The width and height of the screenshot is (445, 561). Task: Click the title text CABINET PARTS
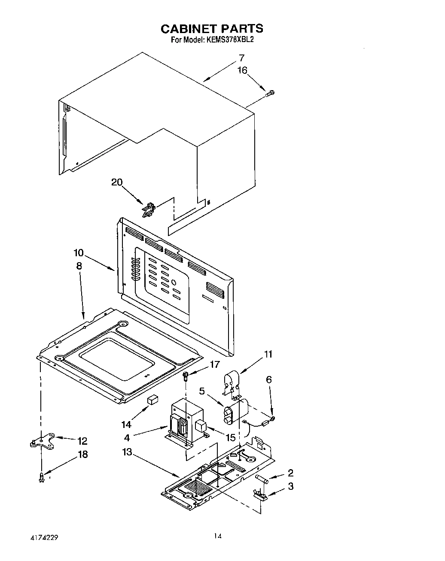tap(211, 29)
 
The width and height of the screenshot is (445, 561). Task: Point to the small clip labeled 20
tap(147, 209)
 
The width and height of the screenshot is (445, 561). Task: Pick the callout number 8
tap(79, 266)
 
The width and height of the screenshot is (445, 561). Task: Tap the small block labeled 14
tap(152, 400)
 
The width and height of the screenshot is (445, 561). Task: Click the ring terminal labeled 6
tap(273, 418)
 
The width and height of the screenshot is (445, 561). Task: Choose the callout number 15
tap(231, 437)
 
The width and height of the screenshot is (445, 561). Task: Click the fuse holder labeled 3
tap(260, 494)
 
